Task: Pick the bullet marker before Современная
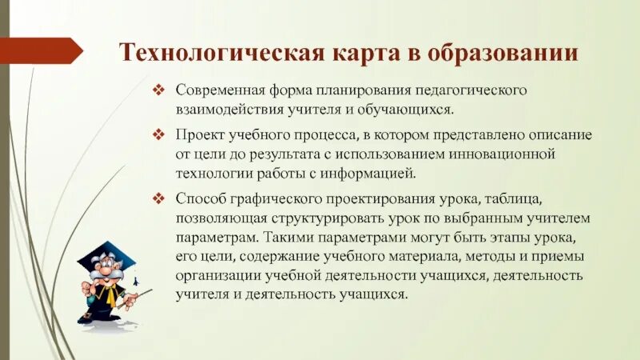click(159, 90)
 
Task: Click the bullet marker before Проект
click(159, 134)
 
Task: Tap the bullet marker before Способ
click(159, 197)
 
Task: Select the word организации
click(217, 275)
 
